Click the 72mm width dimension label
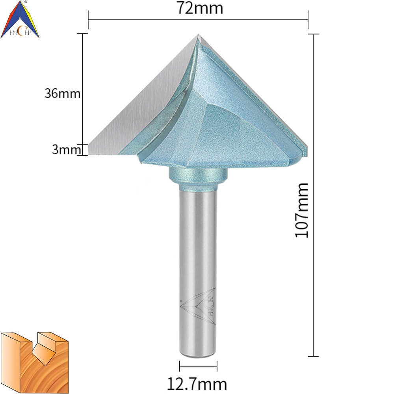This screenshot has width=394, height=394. [x=200, y=8]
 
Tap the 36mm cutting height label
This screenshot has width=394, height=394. [x=63, y=93]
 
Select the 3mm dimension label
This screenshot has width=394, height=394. [x=67, y=149]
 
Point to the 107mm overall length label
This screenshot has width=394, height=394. [x=301, y=210]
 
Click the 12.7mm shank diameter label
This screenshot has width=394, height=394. [x=197, y=384]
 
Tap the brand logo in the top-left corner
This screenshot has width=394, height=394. [x=20, y=20]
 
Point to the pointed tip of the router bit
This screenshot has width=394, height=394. [x=198, y=35]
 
